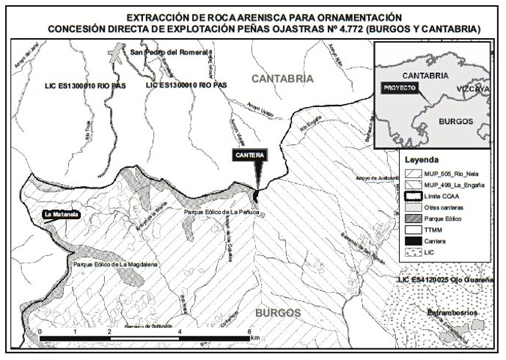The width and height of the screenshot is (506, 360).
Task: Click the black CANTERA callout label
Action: point(249,155)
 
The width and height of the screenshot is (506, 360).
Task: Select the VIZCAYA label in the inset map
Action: point(472,88)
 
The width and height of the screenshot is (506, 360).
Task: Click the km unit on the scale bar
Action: point(254,339)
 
